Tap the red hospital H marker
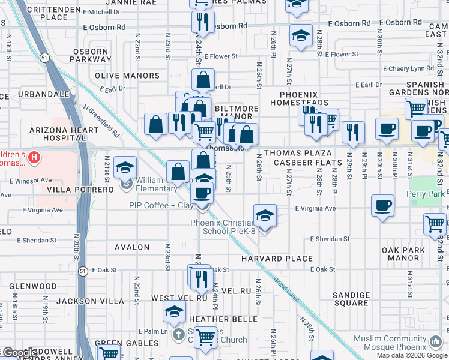tap(35, 158)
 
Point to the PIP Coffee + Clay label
tap(160, 205)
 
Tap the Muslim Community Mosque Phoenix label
tap(399, 343)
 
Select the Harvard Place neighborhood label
tap(277, 259)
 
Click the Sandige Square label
tap(351, 299)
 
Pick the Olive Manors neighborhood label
tap(127, 76)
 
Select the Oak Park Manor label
tap(412, 254)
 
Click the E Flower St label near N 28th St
tap(344, 55)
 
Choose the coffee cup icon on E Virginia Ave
tap(382, 207)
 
